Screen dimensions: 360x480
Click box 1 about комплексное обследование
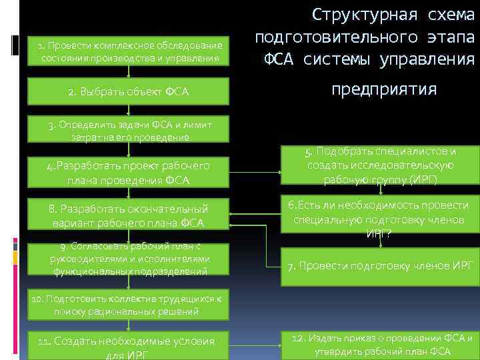130,51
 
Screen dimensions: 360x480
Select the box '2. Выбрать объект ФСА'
128,91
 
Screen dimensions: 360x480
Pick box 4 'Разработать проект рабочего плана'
128,173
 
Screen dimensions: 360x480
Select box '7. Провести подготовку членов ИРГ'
380,265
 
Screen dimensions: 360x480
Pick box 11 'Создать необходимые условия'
128,345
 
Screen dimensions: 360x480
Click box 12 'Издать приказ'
380,344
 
